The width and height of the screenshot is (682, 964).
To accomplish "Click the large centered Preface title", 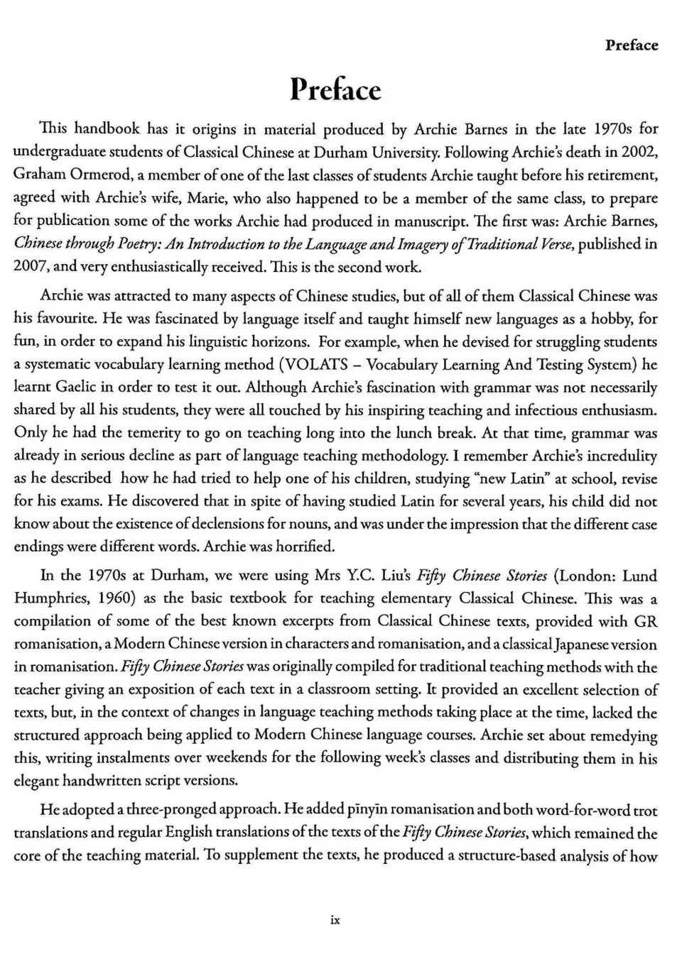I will click(336, 90).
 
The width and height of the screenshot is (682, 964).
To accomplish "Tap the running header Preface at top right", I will click(632, 45).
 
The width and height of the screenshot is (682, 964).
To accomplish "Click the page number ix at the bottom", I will click(336, 920).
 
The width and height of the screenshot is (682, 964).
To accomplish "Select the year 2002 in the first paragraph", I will click(640, 152).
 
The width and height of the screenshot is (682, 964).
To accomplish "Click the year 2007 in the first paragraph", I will click(31, 267).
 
